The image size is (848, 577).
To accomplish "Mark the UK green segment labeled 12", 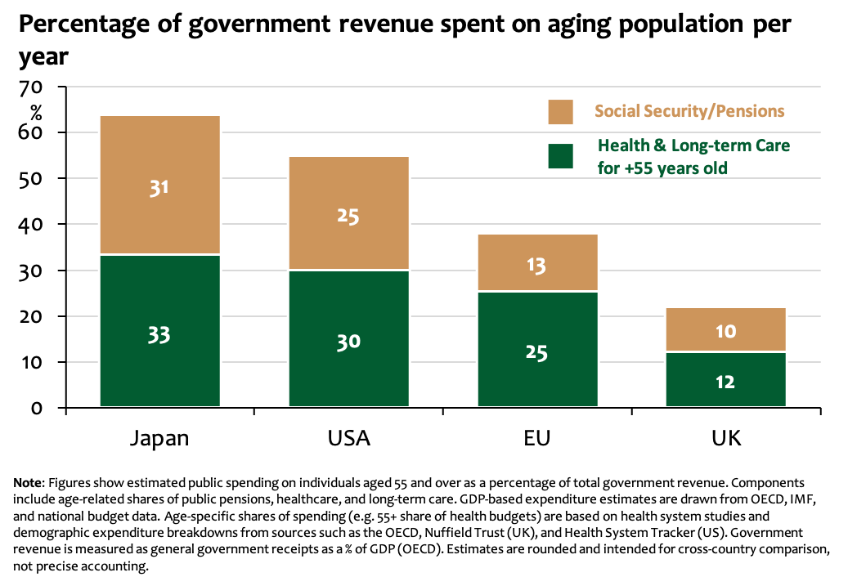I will pos(726,380).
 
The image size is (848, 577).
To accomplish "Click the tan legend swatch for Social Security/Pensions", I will pos(560,112).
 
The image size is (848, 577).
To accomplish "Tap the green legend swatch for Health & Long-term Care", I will pos(560,156).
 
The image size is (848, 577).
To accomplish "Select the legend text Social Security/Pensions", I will pos(689,111).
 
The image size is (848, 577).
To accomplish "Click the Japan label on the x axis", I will pos(159,438).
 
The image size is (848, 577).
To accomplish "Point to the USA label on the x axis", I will pos(348,438).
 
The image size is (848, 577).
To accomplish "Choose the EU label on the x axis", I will pos(537,438).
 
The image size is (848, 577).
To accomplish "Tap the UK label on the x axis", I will pos(726,438).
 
